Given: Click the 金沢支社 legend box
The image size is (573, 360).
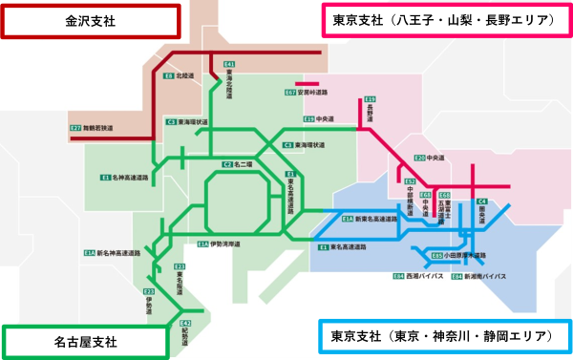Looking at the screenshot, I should tap(90, 20).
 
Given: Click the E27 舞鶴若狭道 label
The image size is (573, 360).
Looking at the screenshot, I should tap(92, 127).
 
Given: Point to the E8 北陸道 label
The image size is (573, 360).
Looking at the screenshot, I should tap(175, 74).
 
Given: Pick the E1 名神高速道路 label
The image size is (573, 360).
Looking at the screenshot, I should tap(126, 178).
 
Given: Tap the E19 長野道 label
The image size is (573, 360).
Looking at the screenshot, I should tap(370, 110).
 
